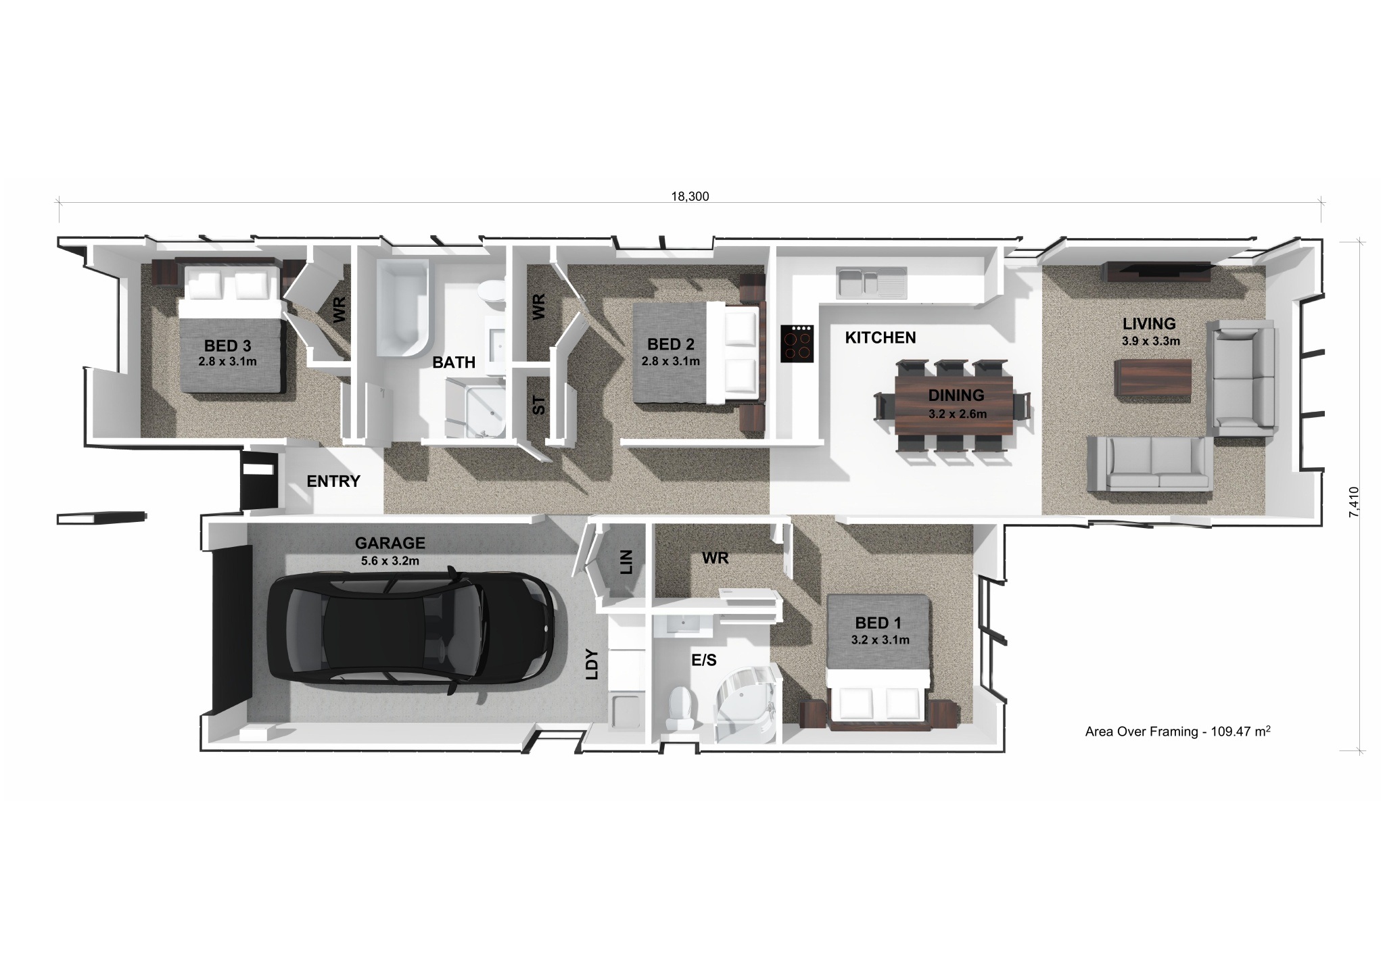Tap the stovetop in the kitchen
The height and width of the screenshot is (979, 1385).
[797, 343]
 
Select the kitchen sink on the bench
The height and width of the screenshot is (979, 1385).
[872, 283]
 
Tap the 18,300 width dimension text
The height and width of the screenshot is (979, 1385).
[690, 197]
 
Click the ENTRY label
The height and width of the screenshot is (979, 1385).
[333, 481]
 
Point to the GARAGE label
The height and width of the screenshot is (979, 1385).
[390, 543]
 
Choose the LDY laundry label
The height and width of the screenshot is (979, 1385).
[592, 663]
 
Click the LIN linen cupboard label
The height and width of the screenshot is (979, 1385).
[626, 562]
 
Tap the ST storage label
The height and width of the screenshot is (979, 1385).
[539, 405]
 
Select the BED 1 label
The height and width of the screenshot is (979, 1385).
[878, 623]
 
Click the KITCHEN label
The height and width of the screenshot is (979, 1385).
[881, 337]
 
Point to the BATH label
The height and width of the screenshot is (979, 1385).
[454, 362]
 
